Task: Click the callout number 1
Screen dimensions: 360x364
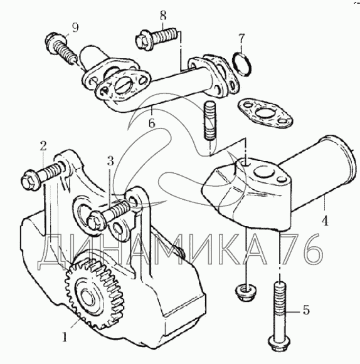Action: point(65,337)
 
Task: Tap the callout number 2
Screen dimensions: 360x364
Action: point(43,146)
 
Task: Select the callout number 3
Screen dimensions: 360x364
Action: point(110,160)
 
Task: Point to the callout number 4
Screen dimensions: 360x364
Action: point(325,221)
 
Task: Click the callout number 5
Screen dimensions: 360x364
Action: point(306,310)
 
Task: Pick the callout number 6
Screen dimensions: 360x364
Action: point(152,123)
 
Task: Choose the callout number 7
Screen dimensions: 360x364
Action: point(241,39)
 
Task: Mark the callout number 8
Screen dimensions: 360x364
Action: point(163,16)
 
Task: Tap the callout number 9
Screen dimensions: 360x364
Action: point(75,28)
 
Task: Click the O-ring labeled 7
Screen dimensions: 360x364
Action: point(242,65)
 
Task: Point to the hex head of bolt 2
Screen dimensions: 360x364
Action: point(29,180)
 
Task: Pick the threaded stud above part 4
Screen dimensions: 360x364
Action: point(210,121)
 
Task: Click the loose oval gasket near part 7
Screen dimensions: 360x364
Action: point(265,113)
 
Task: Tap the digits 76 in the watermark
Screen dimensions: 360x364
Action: point(302,249)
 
